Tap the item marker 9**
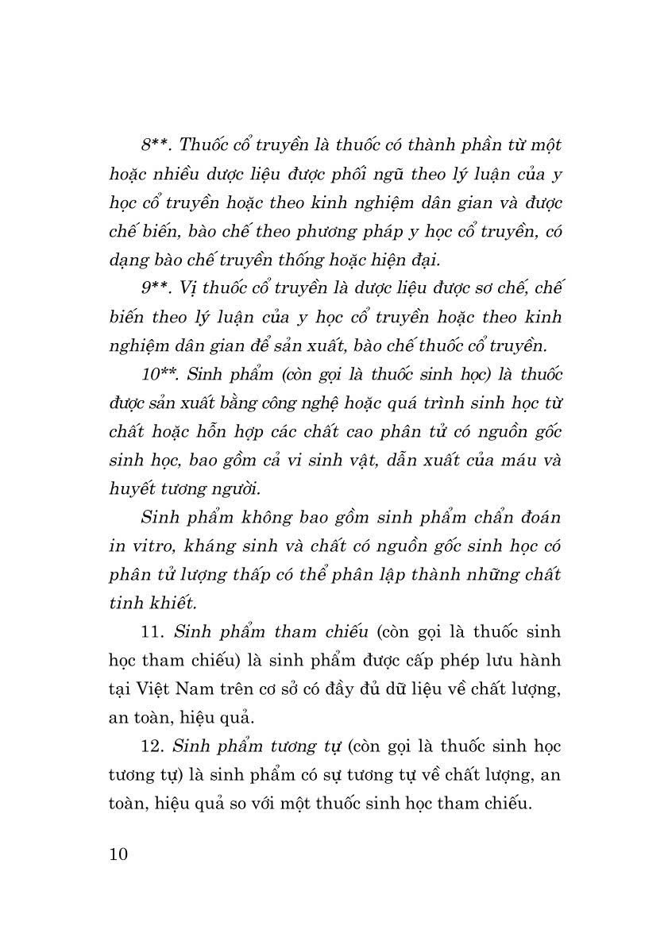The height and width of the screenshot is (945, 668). coord(156,288)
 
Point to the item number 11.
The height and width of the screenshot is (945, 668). coord(150,632)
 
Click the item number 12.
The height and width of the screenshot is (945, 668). coord(150,746)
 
